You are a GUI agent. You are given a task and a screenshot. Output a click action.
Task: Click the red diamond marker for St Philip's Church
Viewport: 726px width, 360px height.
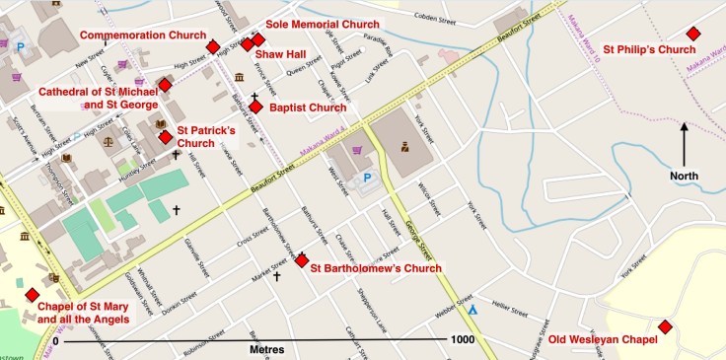coord(693,34)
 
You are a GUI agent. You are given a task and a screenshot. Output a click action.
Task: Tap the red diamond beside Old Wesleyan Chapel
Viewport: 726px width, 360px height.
coord(665,326)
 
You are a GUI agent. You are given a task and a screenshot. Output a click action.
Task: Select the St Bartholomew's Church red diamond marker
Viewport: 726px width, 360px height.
coord(302,260)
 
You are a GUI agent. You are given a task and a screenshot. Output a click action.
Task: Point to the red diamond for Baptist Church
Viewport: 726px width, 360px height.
coord(255,107)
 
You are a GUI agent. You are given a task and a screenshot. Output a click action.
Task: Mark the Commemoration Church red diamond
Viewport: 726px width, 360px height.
coord(212,46)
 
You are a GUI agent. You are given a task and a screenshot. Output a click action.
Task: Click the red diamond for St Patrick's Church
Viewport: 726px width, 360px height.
coord(166,136)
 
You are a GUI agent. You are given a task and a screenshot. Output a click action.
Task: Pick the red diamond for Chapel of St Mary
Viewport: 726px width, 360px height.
coord(33,295)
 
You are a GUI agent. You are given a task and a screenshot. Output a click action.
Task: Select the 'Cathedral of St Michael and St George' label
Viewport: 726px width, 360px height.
coord(97,98)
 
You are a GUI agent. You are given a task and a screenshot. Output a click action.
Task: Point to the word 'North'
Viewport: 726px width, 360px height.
coord(684,177)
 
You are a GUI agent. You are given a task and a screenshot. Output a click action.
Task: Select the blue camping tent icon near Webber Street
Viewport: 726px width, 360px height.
coord(472,309)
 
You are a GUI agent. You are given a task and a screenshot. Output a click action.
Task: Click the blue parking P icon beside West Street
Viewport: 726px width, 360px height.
coord(367,179)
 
